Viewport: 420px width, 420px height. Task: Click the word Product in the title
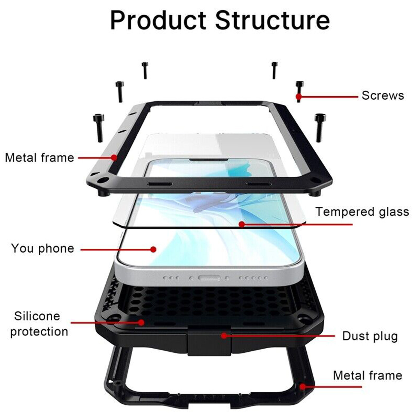pos(158,21)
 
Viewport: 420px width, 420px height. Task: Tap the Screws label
pos(383,95)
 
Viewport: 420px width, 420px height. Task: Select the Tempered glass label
pos(362,212)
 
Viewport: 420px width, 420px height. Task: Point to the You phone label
pos(43,248)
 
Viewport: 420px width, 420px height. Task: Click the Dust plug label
pos(370,336)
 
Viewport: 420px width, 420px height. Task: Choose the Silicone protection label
pos(39,324)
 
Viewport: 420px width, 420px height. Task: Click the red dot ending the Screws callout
pos(299,96)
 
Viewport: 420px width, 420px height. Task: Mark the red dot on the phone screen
pos(153,249)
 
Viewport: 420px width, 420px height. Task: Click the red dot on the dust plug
pos(224,336)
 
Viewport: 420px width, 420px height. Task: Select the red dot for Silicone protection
pos(142,322)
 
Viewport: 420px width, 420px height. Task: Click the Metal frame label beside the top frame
pos(39,157)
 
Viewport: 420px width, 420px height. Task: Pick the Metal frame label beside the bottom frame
pos(367,375)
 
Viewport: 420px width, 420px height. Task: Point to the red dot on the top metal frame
pos(114,157)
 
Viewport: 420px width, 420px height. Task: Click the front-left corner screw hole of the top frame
pos(103,180)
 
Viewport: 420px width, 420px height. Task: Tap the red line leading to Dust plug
pos(279,336)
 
